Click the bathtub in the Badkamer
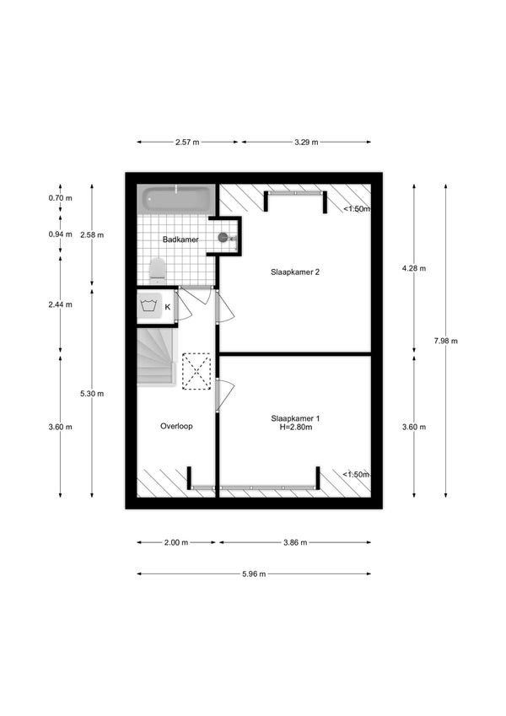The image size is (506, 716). coord(175,199)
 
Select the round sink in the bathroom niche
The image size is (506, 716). coord(223,237)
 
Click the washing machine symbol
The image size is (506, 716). coord(149,305)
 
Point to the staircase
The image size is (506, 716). coord(156,357)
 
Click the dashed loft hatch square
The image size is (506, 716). coord(196,371)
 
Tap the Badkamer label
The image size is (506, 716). coord(180,240)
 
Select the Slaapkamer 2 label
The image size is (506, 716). coord(295,272)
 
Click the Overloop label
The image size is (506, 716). coord(176,426)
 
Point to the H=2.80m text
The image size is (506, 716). coord(296,428)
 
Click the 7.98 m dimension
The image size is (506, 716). coord(446,341)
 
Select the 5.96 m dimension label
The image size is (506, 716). coord(254,574)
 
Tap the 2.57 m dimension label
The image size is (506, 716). coord(187,142)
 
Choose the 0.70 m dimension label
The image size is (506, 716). coord(60,198)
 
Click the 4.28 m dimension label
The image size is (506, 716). coord(414,268)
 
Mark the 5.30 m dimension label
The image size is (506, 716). coord(92,394)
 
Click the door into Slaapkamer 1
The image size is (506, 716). coord(223,395)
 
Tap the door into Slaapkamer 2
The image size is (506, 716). coord(223,306)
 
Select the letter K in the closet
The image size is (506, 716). coord(168,307)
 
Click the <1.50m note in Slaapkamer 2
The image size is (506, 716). coord(357,209)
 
